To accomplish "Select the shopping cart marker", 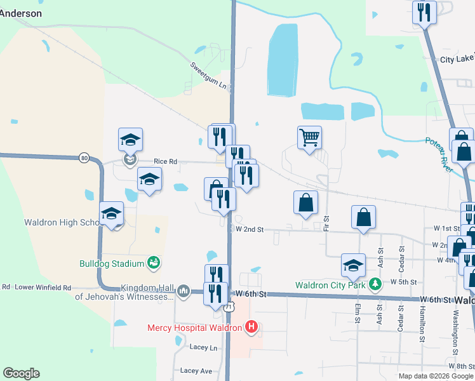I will [309, 137].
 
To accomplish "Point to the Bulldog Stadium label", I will [111, 263].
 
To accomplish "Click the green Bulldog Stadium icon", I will [152, 262].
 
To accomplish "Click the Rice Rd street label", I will [164, 161].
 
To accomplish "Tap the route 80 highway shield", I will [84, 157].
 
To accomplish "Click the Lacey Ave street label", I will [196, 370].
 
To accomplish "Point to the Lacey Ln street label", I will [203, 348].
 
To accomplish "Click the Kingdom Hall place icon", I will [184, 291].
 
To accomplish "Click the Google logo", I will [21, 373].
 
